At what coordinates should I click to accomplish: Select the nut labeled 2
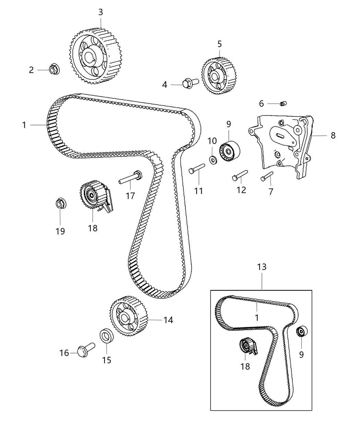coord(53,70)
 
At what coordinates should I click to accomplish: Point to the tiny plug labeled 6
coord(283,104)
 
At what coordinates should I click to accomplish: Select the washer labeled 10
coord(213,159)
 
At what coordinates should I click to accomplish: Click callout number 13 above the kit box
coord(262,267)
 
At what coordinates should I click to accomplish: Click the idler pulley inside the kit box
coord(302,332)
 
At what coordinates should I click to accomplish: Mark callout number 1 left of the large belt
coord(24,125)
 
